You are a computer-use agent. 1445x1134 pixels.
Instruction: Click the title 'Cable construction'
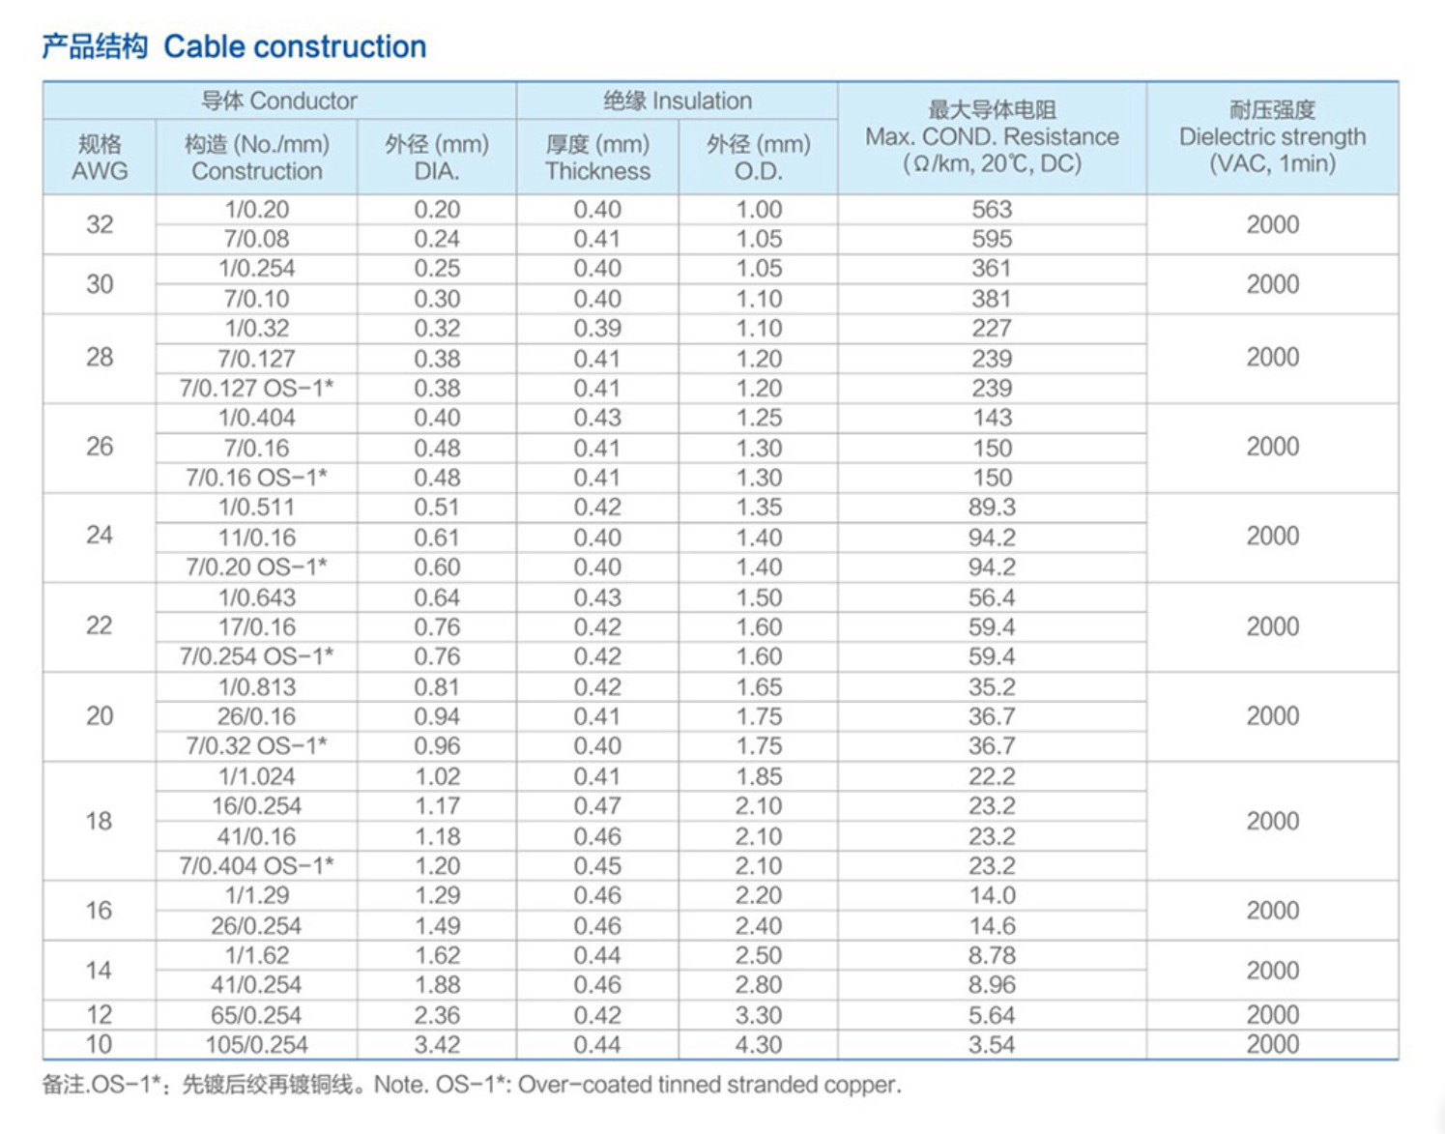tap(294, 46)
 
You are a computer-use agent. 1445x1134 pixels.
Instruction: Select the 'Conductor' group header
tap(278, 101)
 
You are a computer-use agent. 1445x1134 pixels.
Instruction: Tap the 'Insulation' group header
tap(677, 101)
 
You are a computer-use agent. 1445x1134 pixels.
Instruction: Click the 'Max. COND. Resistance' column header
tap(992, 137)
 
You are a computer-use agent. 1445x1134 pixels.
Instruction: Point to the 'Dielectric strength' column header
tap(1272, 137)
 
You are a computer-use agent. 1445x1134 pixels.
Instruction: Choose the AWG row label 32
tap(100, 224)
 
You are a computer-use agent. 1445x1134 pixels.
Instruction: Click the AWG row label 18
tap(100, 821)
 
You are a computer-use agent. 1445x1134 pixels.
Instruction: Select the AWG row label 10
tap(100, 1044)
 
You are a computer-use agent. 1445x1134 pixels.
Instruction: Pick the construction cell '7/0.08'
tap(257, 239)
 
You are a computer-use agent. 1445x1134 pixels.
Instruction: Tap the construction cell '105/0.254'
tap(257, 1044)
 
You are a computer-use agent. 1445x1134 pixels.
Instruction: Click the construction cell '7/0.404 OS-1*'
tap(257, 865)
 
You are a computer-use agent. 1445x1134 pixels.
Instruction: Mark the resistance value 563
tap(992, 209)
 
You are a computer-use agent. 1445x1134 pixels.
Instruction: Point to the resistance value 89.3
tap(992, 507)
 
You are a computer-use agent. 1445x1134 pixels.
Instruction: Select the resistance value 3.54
tap(992, 1044)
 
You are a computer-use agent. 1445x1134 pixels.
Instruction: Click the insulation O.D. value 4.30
tap(759, 1044)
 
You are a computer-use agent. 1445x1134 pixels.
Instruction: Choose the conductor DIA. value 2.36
tap(437, 1015)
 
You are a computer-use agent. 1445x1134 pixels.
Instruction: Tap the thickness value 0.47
tap(597, 805)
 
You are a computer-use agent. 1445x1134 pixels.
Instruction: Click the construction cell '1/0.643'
tap(257, 597)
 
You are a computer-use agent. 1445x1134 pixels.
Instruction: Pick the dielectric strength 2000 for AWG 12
tap(1272, 1014)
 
